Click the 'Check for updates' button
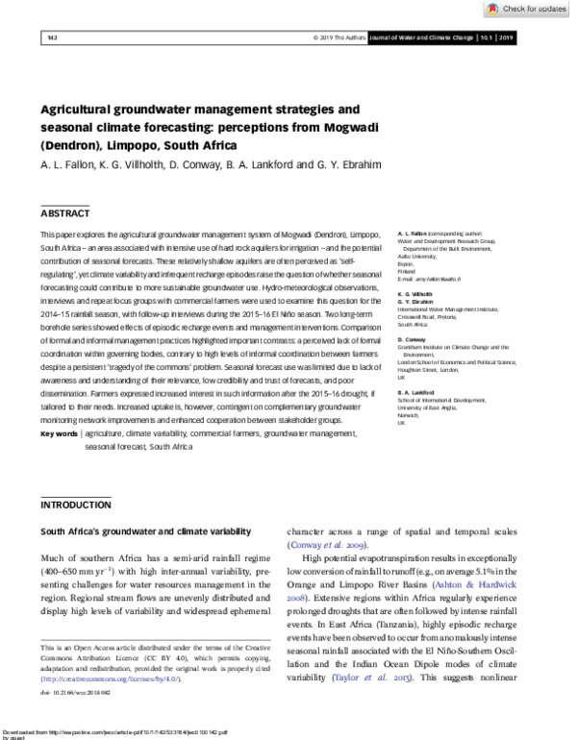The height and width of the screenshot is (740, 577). [527, 9]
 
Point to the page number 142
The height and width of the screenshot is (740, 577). [52, 37]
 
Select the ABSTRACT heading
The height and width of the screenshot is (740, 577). [65, 212]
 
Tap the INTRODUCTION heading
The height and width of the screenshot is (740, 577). [76, 505]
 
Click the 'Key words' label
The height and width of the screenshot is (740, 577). [60, 434]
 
